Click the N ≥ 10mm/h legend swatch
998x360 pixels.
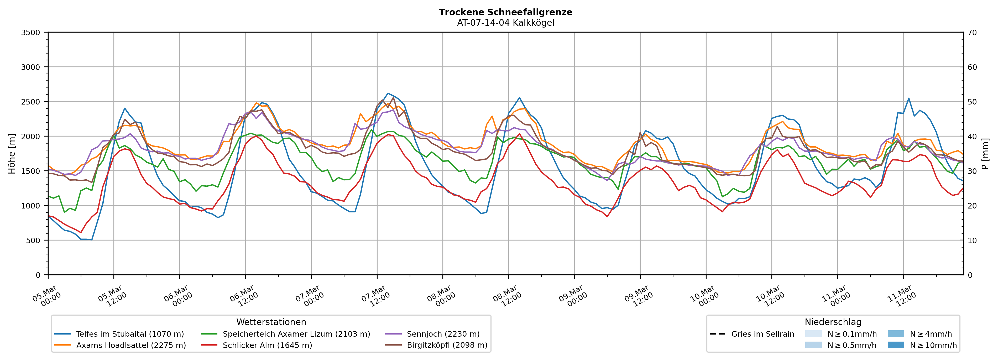[x=895, y=345]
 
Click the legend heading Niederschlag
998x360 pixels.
[x=833, y=322]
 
